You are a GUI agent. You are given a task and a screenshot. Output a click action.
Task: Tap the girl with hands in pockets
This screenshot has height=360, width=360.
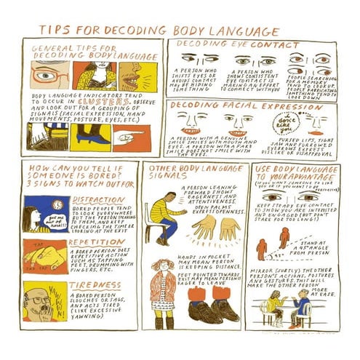[x=163, y=295]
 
